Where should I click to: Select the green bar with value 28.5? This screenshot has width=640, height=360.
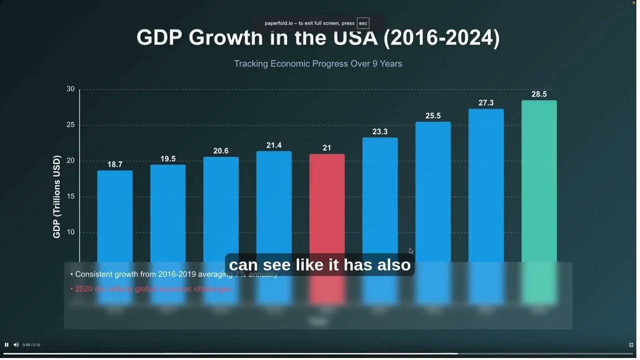[x=539, y=180]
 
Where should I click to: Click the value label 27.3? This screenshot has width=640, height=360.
[x=486, y=103]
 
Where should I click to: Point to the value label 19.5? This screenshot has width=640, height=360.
[x=168, y=159]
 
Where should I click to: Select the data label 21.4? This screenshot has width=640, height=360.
[x=274, y=145]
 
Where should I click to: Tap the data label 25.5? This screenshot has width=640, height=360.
[x=433, y=116]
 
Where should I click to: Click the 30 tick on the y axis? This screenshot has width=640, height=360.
[x=70, y=89]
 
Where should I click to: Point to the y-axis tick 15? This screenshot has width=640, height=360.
[x=70, y=196]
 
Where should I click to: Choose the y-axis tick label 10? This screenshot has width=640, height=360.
[x=70, y=232]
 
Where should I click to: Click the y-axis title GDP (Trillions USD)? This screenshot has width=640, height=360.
[x=56, y=196]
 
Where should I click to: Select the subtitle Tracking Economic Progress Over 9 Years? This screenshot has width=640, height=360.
[x=318, y=64]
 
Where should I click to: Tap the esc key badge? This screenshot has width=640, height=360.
[x=363, y=23]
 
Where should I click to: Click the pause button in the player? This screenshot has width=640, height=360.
[x=6, y=344]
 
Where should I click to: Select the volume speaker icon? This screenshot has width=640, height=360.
[x=16, y=344]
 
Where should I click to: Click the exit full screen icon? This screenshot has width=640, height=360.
[x=631, y=345]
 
